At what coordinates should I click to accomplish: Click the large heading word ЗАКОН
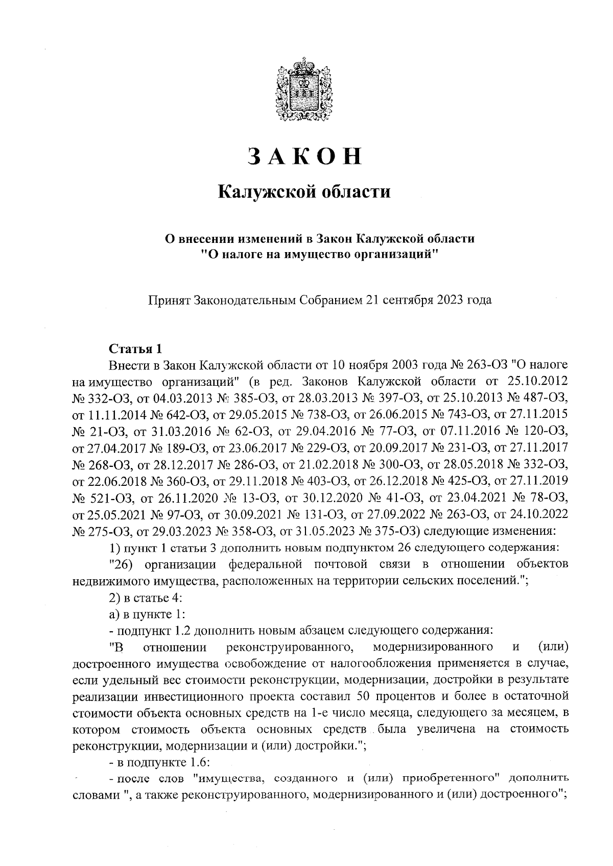pos(305,157)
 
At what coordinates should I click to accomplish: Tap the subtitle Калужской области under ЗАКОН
pos(304,192)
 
